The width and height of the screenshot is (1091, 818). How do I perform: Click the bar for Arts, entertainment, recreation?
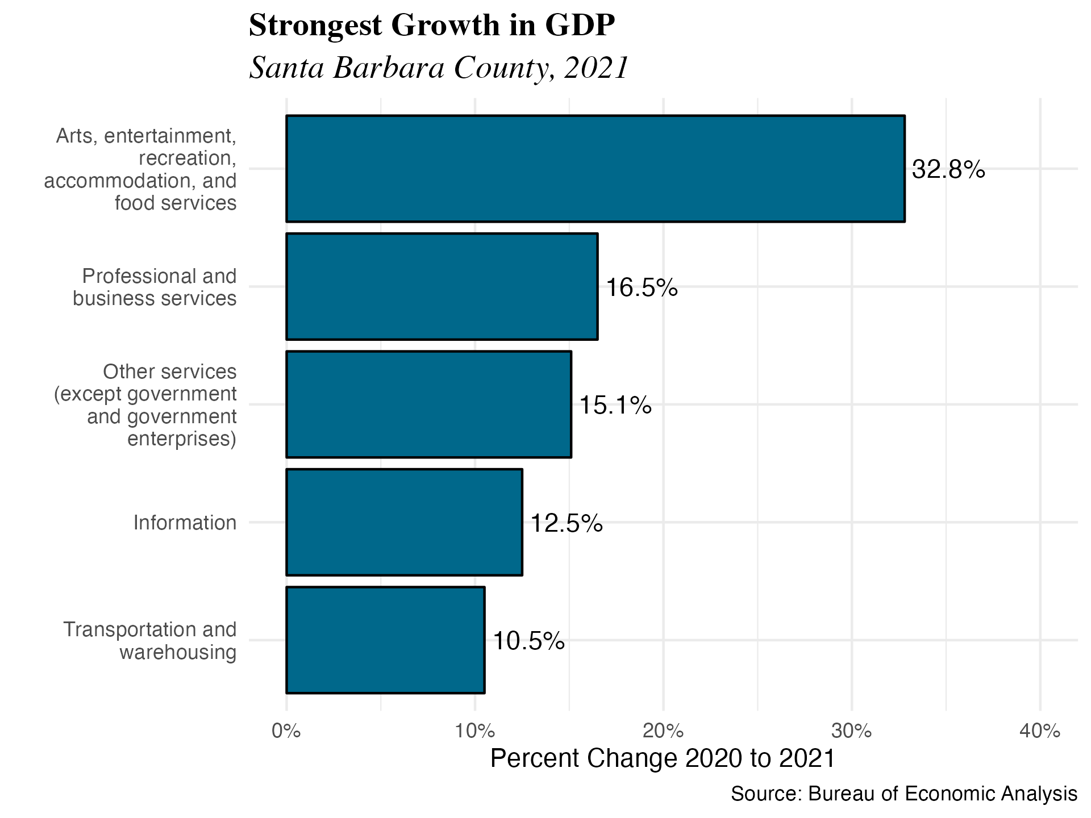(x=595, y=169)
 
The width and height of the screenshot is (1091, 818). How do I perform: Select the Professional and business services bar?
(x=442, y=286)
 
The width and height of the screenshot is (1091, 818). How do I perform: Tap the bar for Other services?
(x=428, y=404)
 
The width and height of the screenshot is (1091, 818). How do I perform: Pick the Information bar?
(x=404, y=522)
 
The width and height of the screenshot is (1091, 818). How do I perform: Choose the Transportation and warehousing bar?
(x=385, y=640)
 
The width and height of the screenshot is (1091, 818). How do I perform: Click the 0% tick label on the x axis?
(x=286, y=731)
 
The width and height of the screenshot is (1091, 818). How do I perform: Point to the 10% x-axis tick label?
(x=474, y=731)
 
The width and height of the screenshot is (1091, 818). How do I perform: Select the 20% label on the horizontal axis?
(x=663, y=731)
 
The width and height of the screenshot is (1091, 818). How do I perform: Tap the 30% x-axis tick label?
(x=851, y=731)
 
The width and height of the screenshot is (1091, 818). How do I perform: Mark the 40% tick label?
(x=1040, y=731)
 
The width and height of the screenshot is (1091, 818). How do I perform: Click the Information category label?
(x=185, y=523)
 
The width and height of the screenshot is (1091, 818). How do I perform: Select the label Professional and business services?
(x=155, y=287)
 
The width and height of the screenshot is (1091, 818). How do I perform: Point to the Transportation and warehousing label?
(x=149, y=640)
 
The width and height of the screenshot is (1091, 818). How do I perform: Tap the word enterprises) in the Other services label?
(x=182, y=439)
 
